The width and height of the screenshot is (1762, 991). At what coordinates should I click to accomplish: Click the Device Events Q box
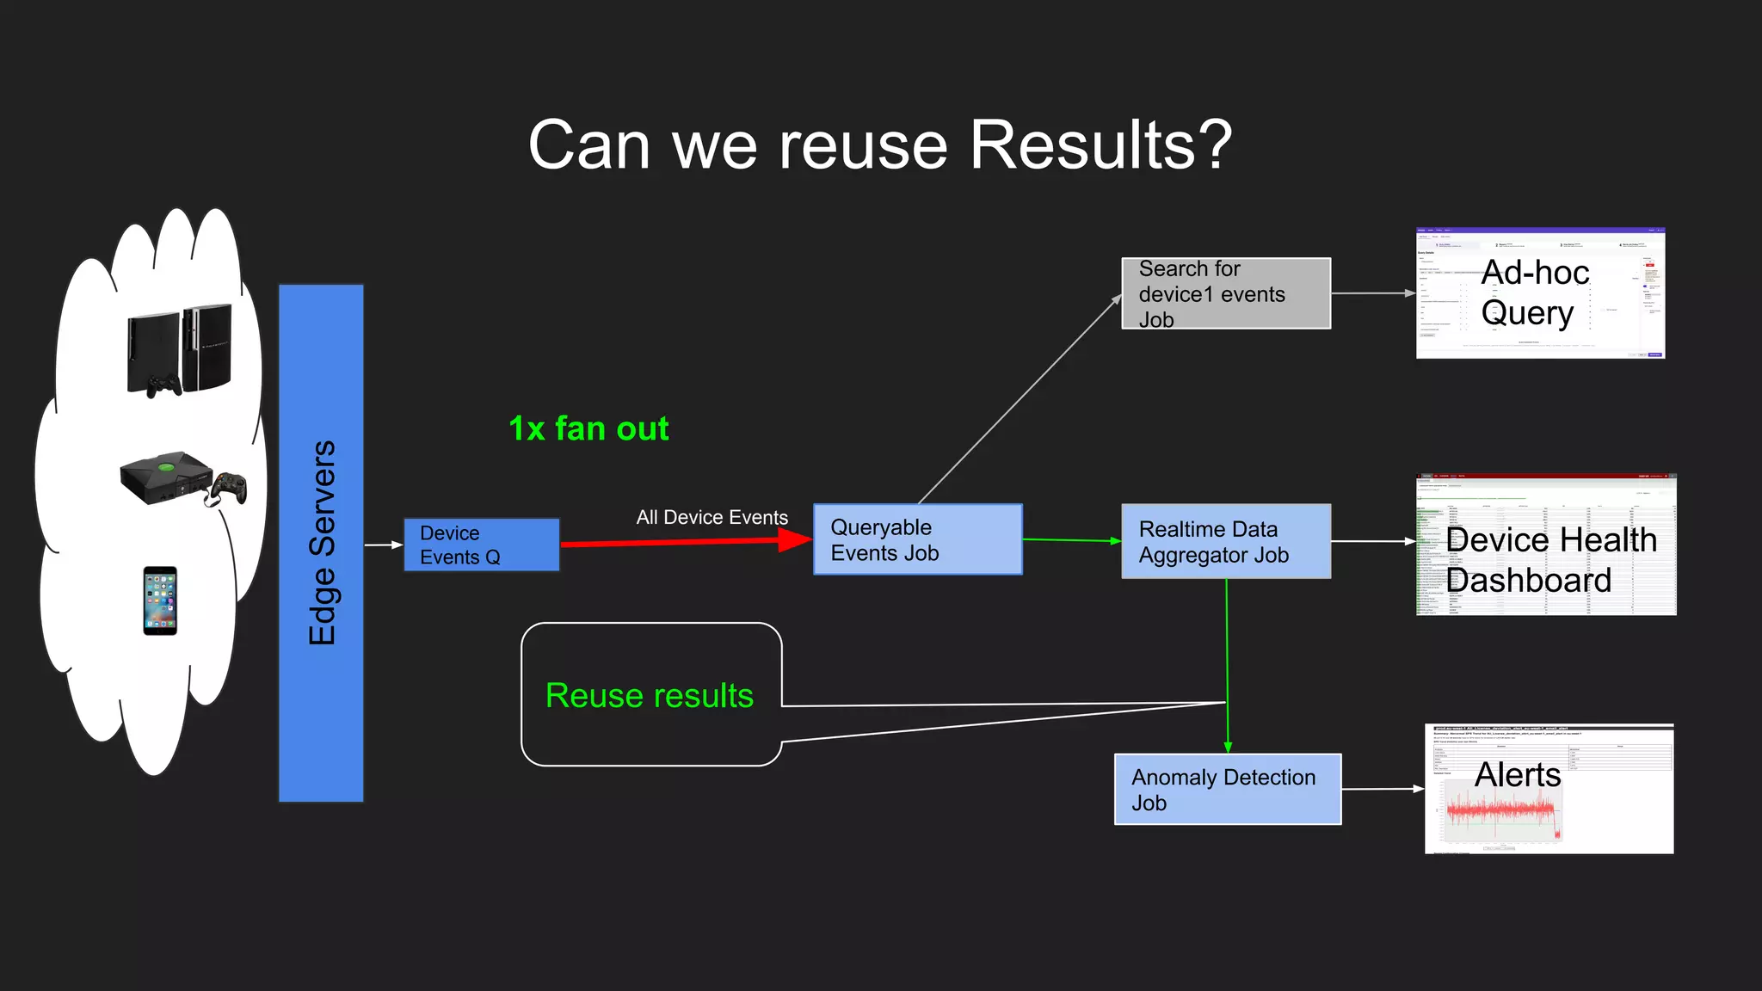tap(481, 545)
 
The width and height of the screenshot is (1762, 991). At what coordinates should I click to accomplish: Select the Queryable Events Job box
tap(917, 539)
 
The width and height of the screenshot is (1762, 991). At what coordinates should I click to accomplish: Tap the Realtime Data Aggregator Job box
tap(1225, 541)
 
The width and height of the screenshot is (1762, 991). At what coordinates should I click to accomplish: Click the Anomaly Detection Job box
tap(1227, 789)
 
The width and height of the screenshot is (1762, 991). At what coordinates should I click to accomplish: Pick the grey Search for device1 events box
tap(1225, 293)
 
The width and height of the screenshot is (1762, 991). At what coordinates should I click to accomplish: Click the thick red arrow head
tap(793, 539)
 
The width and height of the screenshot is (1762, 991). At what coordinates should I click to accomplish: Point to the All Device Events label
tap(712, 517)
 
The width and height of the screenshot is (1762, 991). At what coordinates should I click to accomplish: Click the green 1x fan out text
tap(588, 428)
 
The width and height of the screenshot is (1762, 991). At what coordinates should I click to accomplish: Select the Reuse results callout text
tap(649, 695)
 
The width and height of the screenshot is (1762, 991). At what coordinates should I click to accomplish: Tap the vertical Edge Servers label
tap(322, 543)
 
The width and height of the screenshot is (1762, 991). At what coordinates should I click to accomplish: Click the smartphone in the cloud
tap(160, 600)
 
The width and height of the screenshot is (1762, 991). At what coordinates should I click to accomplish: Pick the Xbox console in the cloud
tap(165, 477)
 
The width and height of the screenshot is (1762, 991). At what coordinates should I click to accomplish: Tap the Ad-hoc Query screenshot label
tap(1534, 292)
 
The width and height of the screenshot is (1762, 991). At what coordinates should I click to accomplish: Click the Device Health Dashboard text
tap(1550, 559)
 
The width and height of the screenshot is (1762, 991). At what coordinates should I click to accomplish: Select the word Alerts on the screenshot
tap(1517, 774)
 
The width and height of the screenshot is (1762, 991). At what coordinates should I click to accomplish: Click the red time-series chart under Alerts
tap(1502, 813)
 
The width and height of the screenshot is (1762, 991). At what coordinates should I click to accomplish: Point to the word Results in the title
tap(1100, 145)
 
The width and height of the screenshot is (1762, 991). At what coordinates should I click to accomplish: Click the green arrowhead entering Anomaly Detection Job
tap(1228, 746)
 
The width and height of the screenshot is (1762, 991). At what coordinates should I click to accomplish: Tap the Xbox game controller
tap(229, 488)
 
